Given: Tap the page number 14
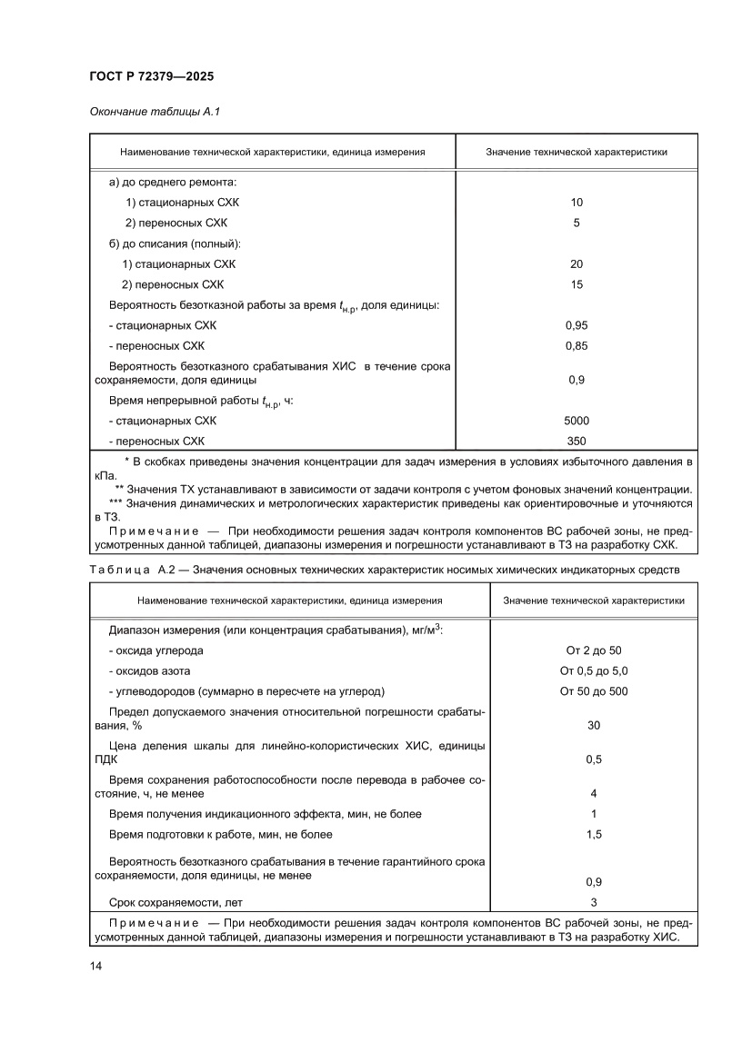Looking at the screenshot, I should click(x=95, y=967).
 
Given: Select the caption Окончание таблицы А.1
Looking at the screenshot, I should click(x=155, y=112).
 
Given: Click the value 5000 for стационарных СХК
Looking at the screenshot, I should click(x=577, y=421).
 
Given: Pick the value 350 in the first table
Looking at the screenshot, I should click(x=577, y=441).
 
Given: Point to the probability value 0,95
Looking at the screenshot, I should click(x=577, y=325).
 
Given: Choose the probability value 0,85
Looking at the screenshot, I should click(x=577, y=346).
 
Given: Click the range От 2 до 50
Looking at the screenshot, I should click(x=594, y=650).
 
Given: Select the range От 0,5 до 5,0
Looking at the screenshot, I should click(x=594, y=670).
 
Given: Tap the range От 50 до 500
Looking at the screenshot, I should click(x=594, y=691).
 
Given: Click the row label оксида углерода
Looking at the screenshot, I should click(x=155, y=650).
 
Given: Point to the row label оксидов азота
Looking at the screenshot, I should click(x=150, y=670).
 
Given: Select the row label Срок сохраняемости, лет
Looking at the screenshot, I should click(x=175, y=903).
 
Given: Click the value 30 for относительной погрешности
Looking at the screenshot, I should click(x=594, y=725).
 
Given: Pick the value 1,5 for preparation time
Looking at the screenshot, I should click(x=594, y=834).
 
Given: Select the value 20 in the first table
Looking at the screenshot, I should click(x=577, y=264).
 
